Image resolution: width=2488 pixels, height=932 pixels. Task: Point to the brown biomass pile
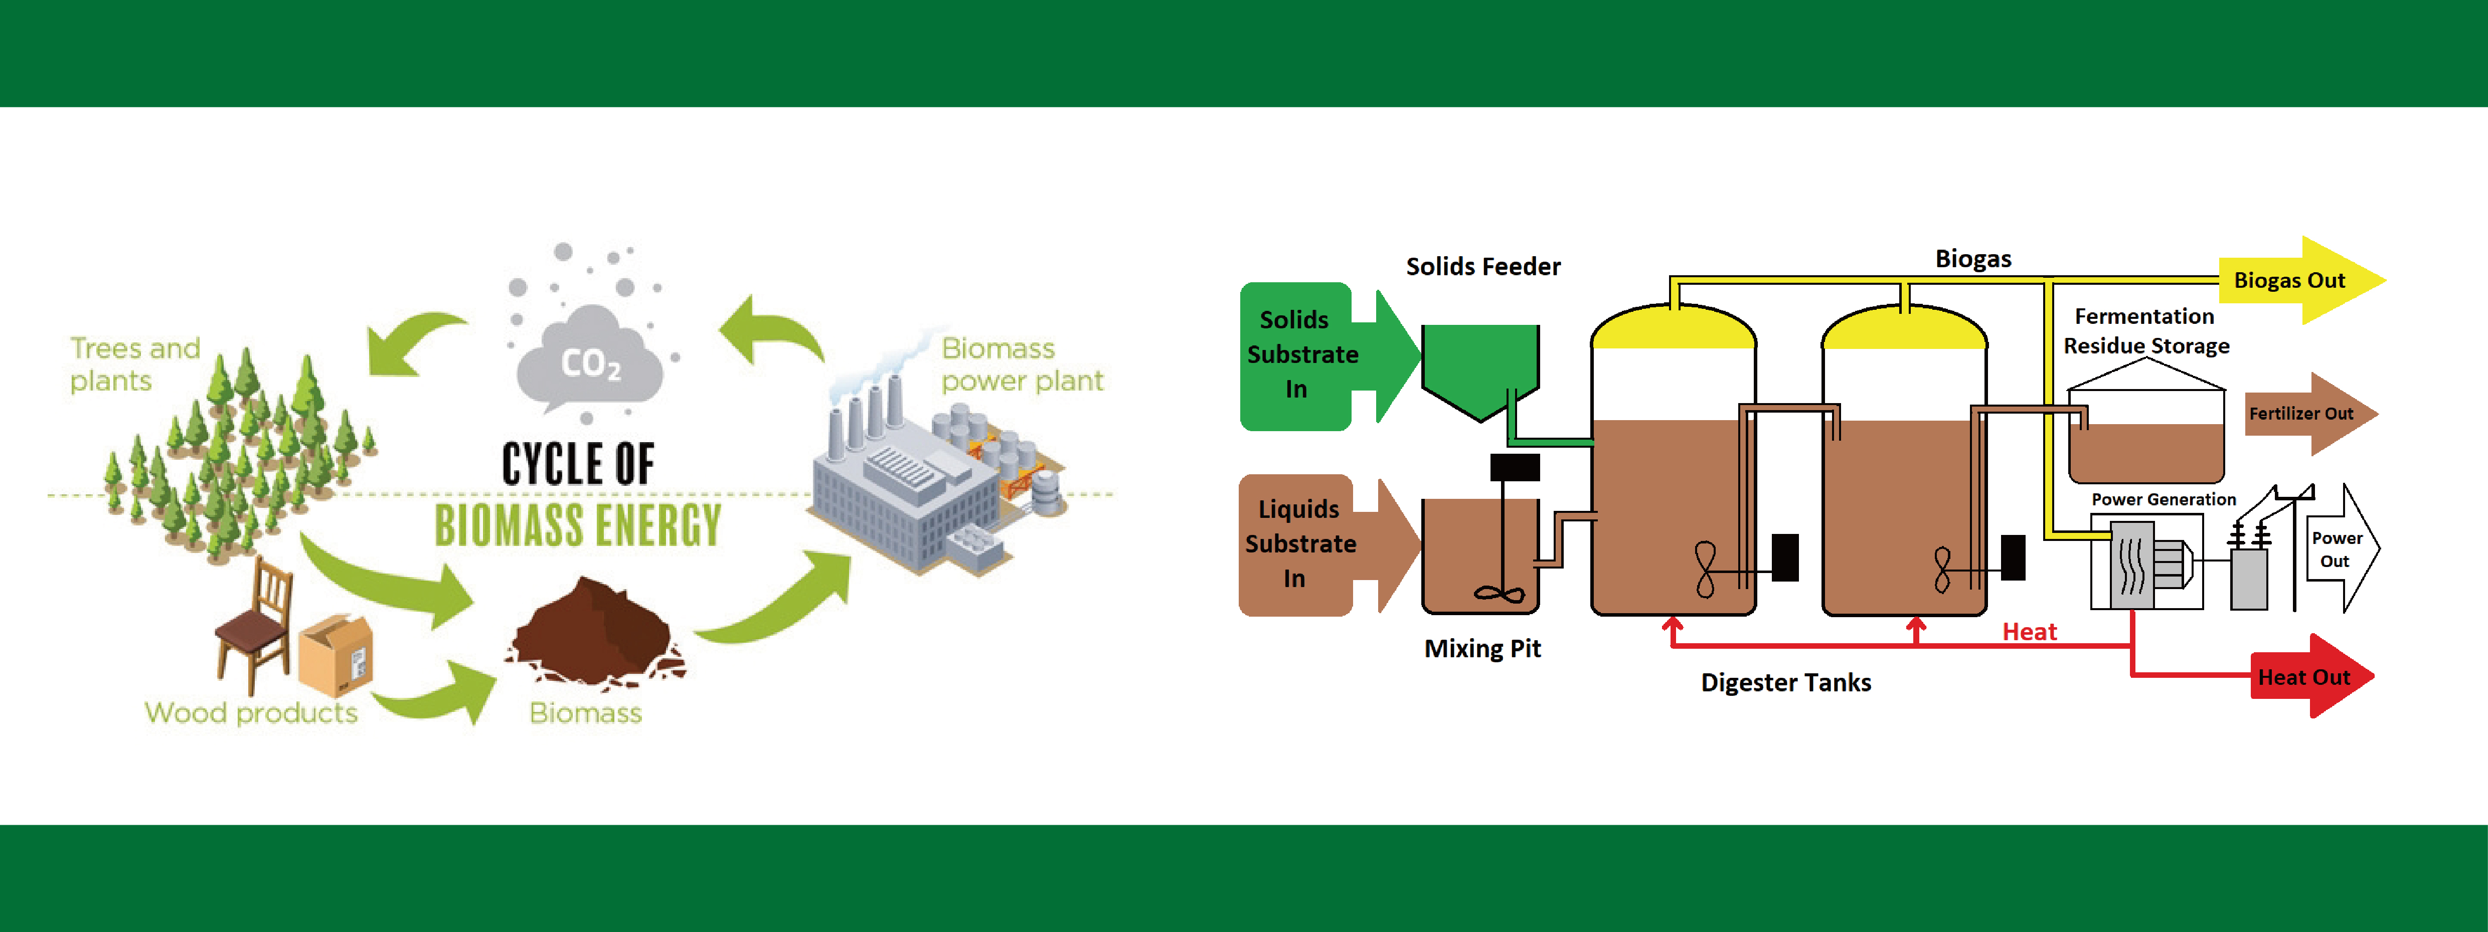click(x=592, y=633)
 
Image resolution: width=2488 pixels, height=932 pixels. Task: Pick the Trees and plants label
click(x=134, y=364)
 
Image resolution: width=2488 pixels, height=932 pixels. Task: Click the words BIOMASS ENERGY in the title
click(x=578, y=524)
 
